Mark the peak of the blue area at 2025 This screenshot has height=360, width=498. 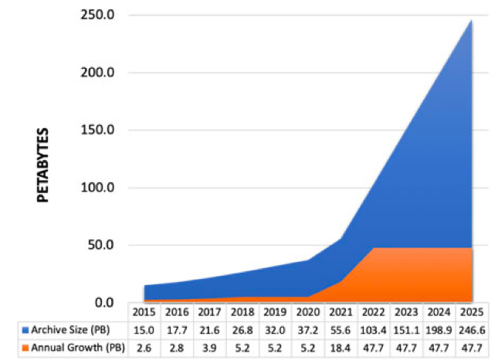[x=471, y=20]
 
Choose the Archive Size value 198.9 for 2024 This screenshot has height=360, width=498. [x=439, y=330]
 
